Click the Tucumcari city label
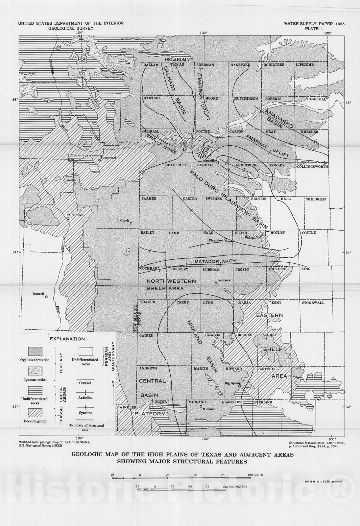pos(108,157)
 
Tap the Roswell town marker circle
pos(46,297)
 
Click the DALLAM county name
pos(151,65)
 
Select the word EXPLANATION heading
pos(67,339)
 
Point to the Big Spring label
pos(232,383)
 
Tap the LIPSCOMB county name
pos(305,65)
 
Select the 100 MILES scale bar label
pos(255,475)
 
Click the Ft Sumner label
pos(74,215)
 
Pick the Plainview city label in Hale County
pos(216,240)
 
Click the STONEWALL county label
pos(313,303)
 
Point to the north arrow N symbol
pos(113,382)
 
